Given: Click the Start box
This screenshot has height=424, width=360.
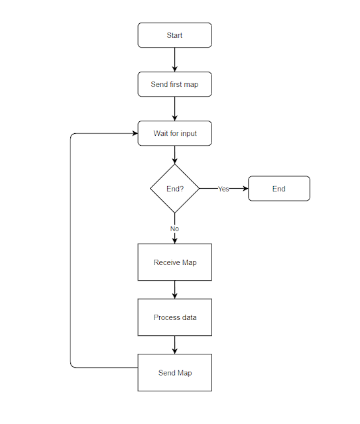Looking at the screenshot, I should (174, 35).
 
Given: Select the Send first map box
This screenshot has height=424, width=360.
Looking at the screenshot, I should (174, 84).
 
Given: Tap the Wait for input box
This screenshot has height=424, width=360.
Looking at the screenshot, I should (174, 133).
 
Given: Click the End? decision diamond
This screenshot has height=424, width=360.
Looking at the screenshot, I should (174, 189).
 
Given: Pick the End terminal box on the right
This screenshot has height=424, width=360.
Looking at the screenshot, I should (278, 189).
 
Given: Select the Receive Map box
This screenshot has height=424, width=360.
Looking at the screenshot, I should (174, 262).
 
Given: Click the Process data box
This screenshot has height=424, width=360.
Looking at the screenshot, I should (174, 317).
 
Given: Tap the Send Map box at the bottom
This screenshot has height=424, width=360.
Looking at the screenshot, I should (174, 373).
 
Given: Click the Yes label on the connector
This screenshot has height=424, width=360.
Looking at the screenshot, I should (223, 189).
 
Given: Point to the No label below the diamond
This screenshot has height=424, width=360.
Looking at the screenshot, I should (174, 229).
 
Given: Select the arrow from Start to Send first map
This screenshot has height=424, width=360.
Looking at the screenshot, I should (174, 60).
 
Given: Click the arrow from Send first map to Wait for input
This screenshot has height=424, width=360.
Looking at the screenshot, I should (174, 109).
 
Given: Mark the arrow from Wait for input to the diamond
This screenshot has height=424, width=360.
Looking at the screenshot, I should (174, 154).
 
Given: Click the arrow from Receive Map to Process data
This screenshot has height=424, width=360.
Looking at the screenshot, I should (174, 290).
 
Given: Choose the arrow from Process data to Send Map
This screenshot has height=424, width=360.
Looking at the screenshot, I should (174, 344).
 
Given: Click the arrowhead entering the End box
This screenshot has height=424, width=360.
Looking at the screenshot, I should (245, 189).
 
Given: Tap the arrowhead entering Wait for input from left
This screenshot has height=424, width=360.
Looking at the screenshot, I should (134, 133).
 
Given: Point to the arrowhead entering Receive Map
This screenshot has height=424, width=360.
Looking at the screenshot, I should (174, 240).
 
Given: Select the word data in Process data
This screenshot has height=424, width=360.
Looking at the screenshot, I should (188, 317).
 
